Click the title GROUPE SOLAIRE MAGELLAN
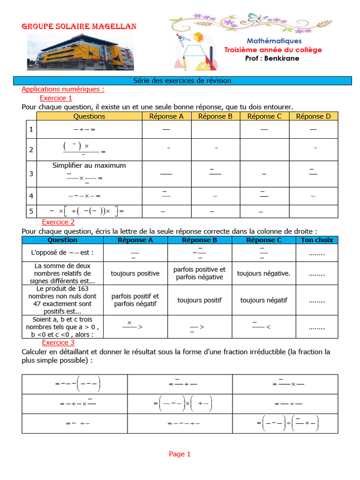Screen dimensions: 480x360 click(79, 27)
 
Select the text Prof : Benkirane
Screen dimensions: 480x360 click(272, 58)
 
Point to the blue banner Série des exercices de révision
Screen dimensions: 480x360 click(182, 81)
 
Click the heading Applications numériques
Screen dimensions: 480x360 click(63, 89)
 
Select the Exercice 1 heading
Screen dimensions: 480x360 click(56, 98)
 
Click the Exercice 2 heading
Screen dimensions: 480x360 click(58, 222)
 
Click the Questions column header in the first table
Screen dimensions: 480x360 click(89, 116)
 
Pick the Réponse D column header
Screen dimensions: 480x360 click(313, 116)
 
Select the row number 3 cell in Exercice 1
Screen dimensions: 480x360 click(31, 174)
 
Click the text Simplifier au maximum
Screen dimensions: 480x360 click(89, 165)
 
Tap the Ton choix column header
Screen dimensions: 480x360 click(317, 240)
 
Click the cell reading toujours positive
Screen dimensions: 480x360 click(135, 273)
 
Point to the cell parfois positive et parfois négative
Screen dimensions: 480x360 click(199, 273)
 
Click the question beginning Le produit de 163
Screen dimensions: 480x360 click(62, 300)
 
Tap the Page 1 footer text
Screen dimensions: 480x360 click(180, 454)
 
